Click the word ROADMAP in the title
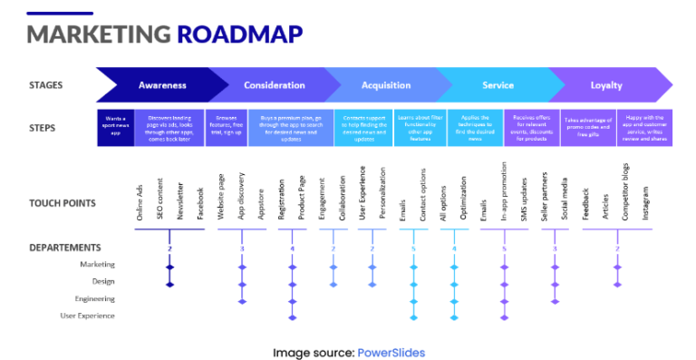pyautogui.click(x=239, y=34)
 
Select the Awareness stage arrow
pyautogui.click(x=162, y=86)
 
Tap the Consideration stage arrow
pyautogui.click(x=274, y=86)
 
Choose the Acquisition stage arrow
pyautogui.click(x=386, y=86)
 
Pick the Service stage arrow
pyautogui.click(x=498, y=86)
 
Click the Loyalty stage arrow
pyautogui.click(x=606, y=86)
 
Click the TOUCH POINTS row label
pyautogui.click(x=63, y=203)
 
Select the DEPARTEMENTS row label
pyautogui.click(x=64, y=248)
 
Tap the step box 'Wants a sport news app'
pyautogui.click(x=115, y=128)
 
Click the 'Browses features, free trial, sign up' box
pyautogui.click(x=226, y=128)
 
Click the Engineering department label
pyautogui.click(x=95, y=298)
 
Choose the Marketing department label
pyautogui.click(x=97, y=265)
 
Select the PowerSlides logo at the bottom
pyautogui.click(x=391, y=353)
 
